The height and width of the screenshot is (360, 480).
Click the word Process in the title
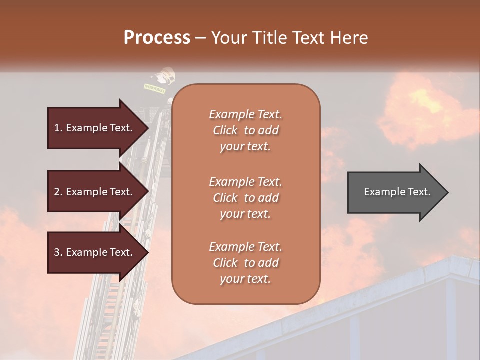point(157,38)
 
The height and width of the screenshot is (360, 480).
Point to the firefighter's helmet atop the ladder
point(165,76)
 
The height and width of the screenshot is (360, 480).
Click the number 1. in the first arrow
point(58,128)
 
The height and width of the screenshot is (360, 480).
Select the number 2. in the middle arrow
point(58,192)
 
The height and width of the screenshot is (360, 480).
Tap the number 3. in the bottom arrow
point(58,252)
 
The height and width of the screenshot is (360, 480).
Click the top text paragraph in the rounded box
point(245,130)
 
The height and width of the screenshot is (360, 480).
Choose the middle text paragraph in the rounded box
point(245,198)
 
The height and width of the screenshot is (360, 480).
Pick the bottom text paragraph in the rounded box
point(245,263)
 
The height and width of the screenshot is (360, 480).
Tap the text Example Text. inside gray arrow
point(397,192)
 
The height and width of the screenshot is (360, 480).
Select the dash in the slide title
point(200,38)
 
